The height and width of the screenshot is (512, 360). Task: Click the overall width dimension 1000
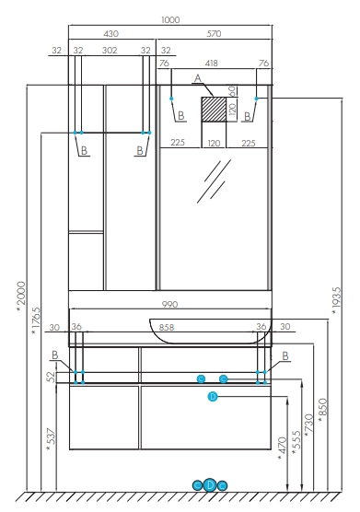[x=170, y=20]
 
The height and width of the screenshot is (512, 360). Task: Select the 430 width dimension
[x=111, y=34]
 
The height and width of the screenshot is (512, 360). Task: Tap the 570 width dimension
[x=214, y=34]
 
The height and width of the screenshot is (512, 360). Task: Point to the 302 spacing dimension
[x=110, y=51]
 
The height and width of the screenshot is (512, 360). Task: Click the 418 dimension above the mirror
[x=211, y=63]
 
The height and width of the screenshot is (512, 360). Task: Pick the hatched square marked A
[x=214, y=110]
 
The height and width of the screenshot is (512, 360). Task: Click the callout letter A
[x=198, y=78]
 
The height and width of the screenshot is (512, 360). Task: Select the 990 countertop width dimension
[x=170, y=304]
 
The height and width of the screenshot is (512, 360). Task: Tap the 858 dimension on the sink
[x=167, y=327]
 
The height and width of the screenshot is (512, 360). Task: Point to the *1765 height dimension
[x=36, y=321]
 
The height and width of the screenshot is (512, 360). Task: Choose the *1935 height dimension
[x=336, y=301]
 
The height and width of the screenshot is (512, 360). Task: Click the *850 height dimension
[x=322, y=410]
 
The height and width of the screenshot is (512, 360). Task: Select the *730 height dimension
[x=308, y=425]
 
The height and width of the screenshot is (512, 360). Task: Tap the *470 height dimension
[x=282, y=449]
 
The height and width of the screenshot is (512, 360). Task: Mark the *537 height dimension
[x=52, y=440]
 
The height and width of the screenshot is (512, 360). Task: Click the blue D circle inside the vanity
[x=213, y=397]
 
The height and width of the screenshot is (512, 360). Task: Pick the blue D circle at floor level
[x=210, y=485]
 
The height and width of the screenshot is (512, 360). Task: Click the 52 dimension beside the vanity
[x=52, y=377]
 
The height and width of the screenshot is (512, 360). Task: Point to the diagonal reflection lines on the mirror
[x=214, y=181]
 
